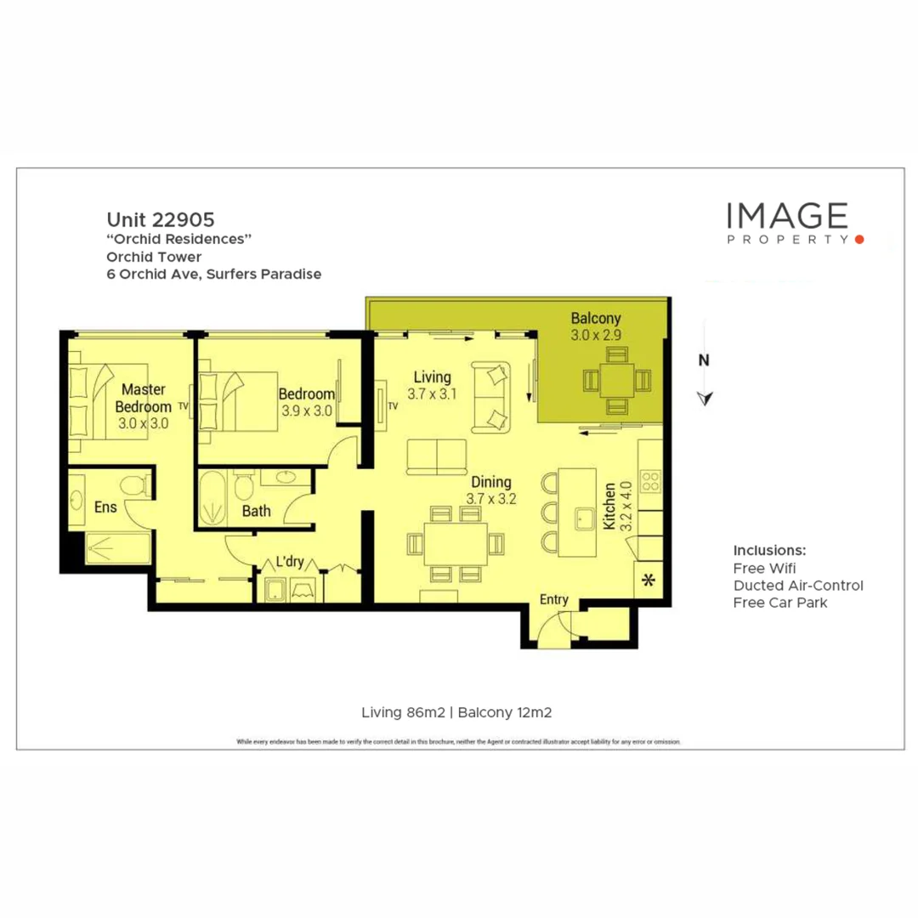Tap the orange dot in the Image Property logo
coord(859,240)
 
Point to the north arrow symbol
coord(704,398)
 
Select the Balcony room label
coord(596,319)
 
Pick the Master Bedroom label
coord(143,397)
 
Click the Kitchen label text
coord(609,507)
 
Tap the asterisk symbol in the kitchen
coord(650,581)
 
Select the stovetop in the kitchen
coord(650,482)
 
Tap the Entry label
coord(554,600)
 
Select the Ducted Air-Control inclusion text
coord(797,585)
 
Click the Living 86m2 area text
coord(405,712)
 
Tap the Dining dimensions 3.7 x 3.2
coord(491,499)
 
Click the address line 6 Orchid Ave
coord(213,274)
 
